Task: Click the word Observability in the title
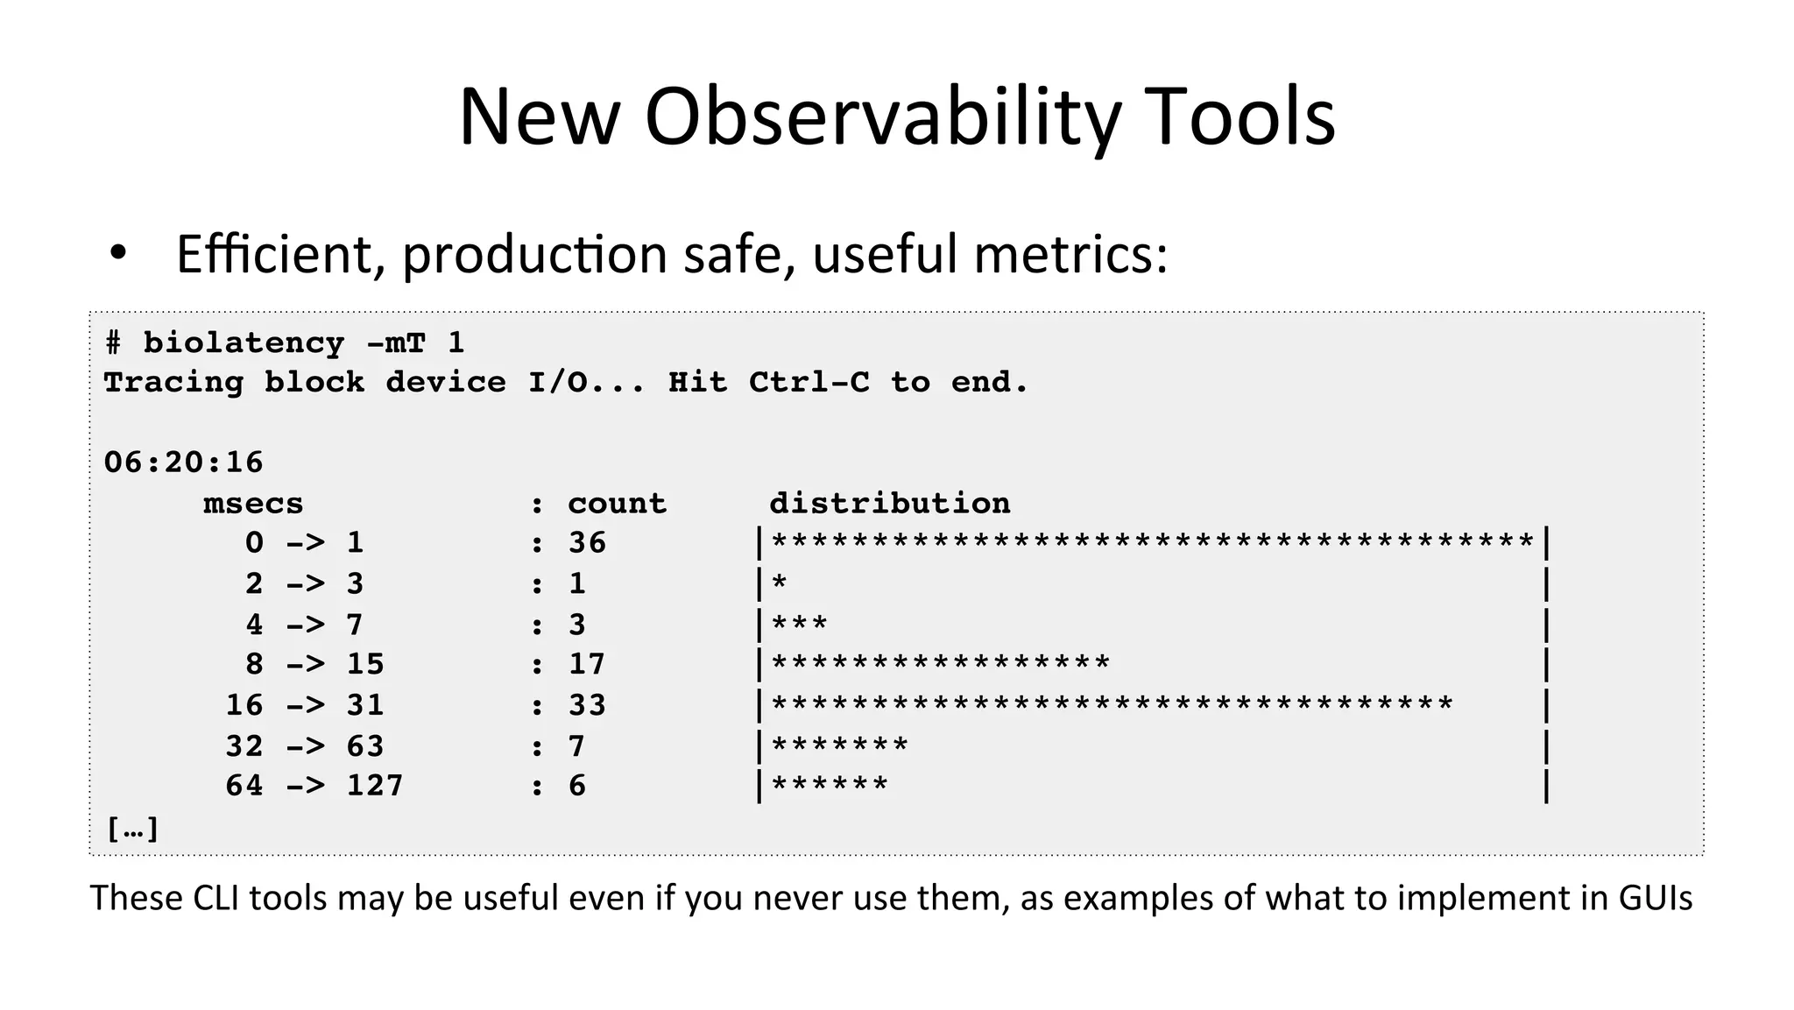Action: click(883, 118)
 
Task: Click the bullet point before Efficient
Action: click(118, 255)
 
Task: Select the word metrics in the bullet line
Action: click(1070, 255)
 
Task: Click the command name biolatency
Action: click(244, 343)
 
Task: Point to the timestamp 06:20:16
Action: click(183, 463)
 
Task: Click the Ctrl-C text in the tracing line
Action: click(809, 383)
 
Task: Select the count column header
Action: click(617, 504)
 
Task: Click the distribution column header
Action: click(889, 504)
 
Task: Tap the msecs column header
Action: click(253, 504)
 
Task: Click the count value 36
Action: click(587, 543)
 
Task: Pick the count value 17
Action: click(587, 665)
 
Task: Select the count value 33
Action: click(587, 705)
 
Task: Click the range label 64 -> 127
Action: click(314, 786)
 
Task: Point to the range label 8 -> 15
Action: click(314, 665)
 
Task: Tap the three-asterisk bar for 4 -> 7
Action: click(799, 625)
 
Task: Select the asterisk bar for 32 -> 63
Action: click(839, 746)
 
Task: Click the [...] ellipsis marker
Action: click(132, 829)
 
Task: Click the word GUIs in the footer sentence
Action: click(1655, 899)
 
